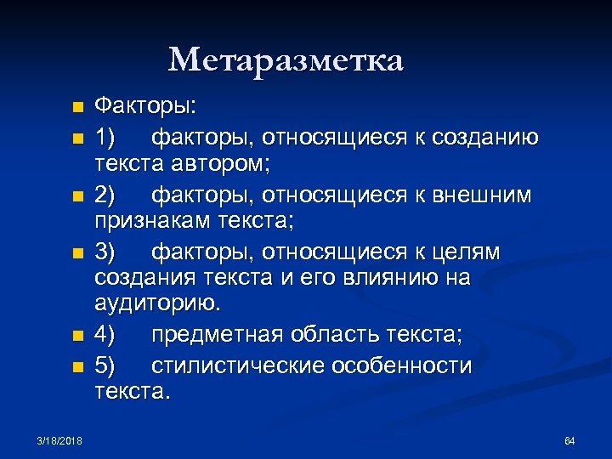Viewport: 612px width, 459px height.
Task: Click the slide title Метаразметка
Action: click(x=286, y=60)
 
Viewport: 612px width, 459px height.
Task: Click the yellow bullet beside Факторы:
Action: click(x=77, y=109)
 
